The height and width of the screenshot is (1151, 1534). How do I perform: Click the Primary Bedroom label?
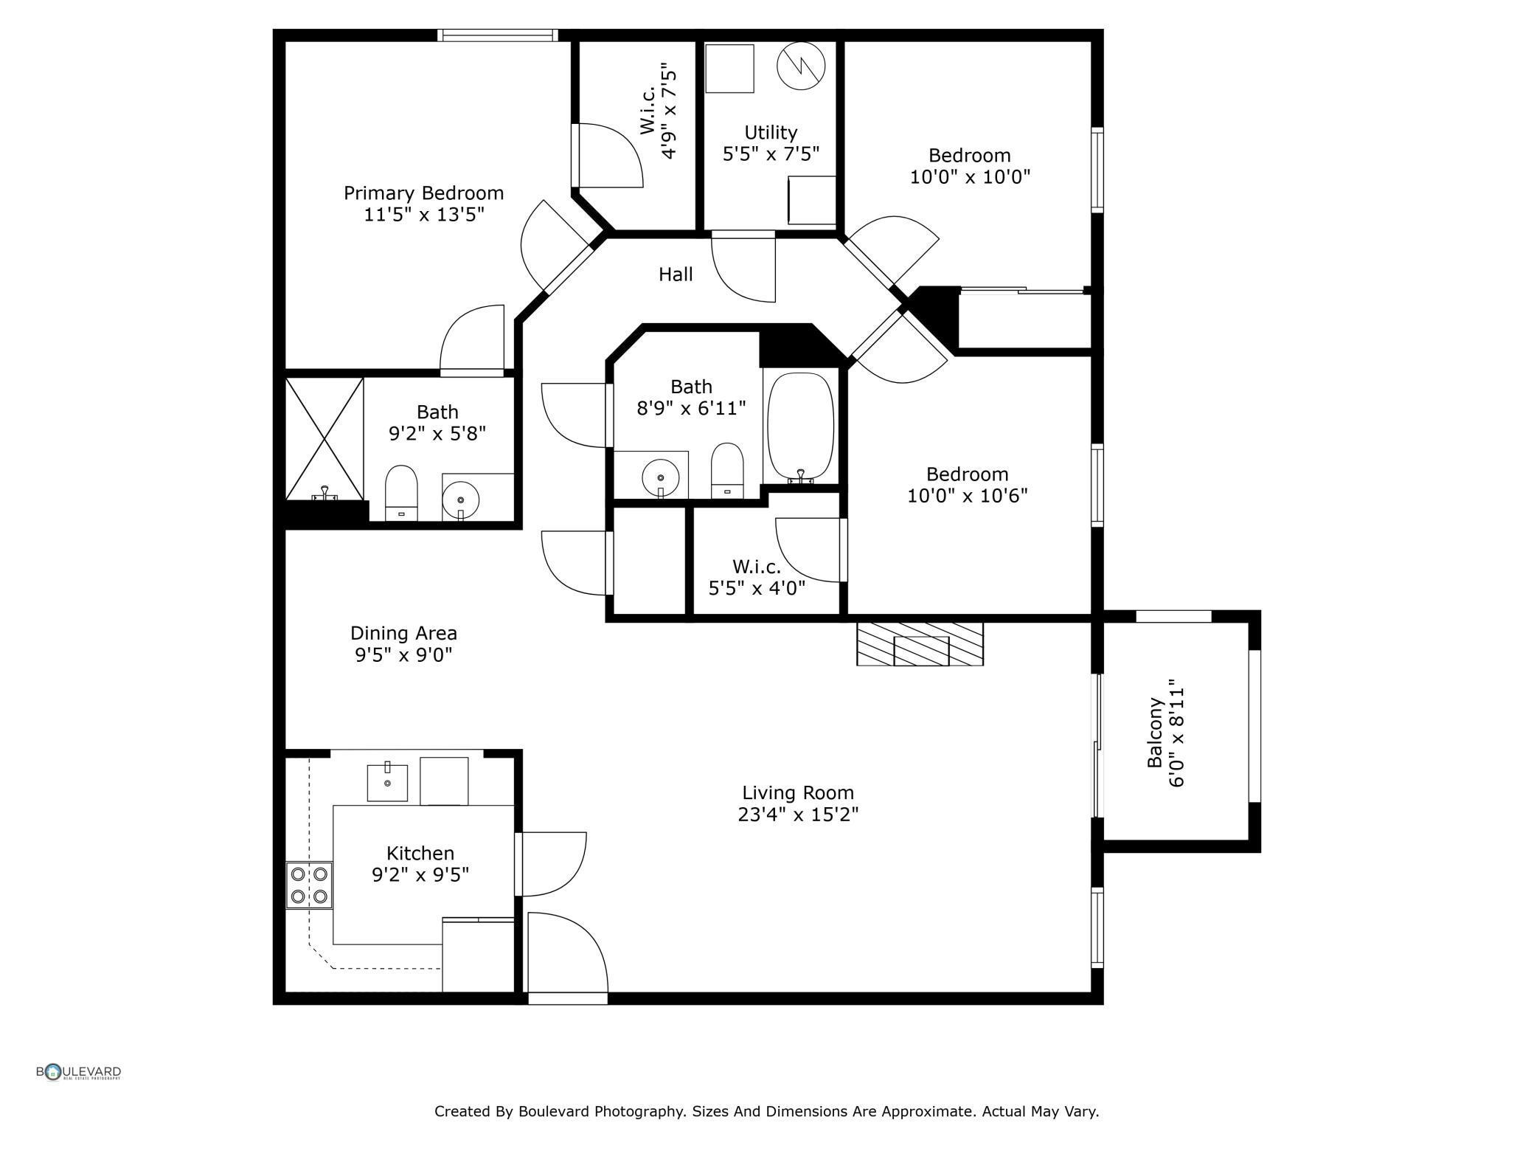click(423, 193)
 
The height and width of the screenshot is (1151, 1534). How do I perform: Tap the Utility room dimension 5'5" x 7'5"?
click(771, 153)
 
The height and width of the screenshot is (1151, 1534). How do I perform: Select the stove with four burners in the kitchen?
click(309, 885)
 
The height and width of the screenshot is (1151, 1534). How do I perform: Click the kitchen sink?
click(387, 782)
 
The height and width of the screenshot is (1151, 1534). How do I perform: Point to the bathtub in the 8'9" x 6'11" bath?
click(801, 429)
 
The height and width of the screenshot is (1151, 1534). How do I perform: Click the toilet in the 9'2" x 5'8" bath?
click(401, 492)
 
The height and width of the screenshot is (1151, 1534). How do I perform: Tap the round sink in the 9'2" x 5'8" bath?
click(461, 500)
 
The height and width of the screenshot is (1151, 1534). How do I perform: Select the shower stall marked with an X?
click(324, 439)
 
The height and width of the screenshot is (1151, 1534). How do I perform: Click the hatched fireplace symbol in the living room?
click(920, 643)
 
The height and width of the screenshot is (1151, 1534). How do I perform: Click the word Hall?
click(676, 274)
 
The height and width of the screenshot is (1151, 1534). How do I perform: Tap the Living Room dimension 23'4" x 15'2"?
click(798, 815)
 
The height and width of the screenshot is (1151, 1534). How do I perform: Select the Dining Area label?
click(403, 633)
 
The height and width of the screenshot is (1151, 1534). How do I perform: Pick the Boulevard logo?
click(79, 1072)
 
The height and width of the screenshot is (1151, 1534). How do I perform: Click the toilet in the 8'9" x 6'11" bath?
click(727, 471)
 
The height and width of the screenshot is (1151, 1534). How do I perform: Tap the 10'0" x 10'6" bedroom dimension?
click(967, 496)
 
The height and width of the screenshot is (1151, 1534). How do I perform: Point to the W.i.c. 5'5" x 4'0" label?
click(757, 578)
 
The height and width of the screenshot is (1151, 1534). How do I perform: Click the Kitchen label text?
click(420, 853)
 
